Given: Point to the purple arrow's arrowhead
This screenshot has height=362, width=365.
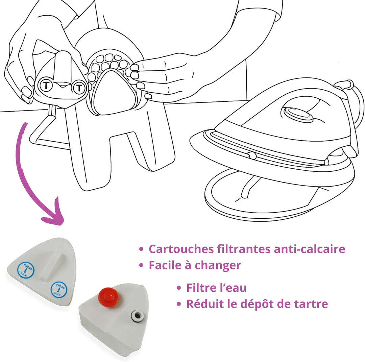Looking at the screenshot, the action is pyautogui.click(x=53, y=214).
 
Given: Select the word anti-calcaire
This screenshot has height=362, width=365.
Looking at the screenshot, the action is pyautogui.click(x=309, y=249).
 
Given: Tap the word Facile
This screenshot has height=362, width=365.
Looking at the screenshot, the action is pyautogui.click(x=165, y=265).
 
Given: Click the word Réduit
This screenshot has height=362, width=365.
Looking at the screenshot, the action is pyautogui.click(x=204, y=304).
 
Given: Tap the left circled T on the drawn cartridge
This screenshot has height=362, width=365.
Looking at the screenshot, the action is pyautogui.click(x=46, y=85).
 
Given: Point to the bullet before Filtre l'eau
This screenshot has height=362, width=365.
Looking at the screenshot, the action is pyautogui.click(x=179, y=288).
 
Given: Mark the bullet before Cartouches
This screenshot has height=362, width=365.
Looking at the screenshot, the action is pyautogui.click(x=141, y=249).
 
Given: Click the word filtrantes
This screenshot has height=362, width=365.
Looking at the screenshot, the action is pyautogui.click(x=244, y=249).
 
